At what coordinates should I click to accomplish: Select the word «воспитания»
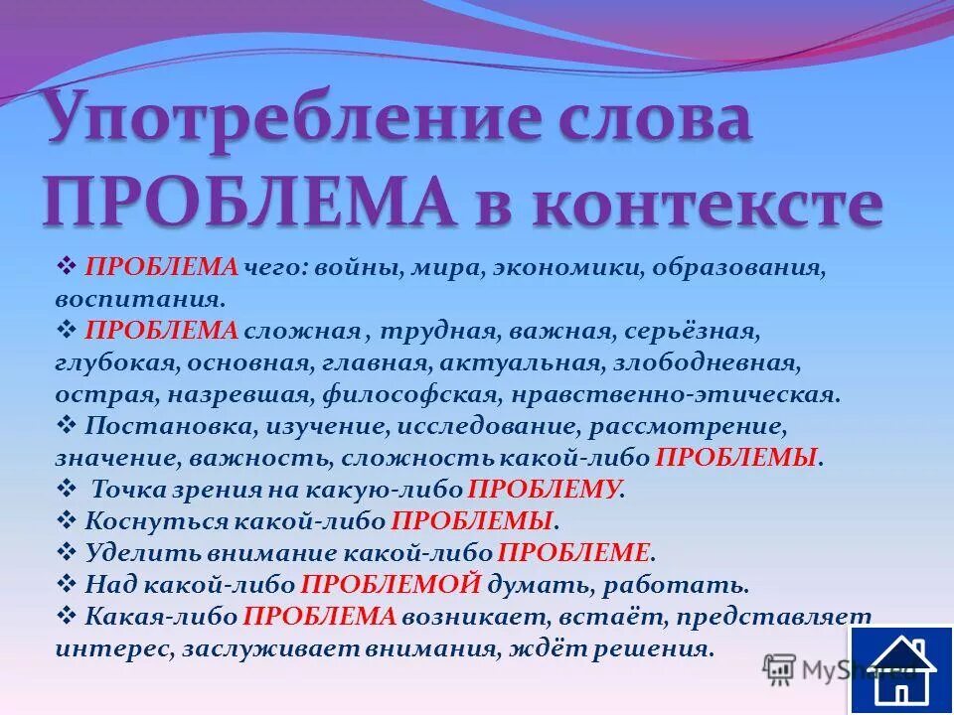140,298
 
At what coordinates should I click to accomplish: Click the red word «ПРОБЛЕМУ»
545,489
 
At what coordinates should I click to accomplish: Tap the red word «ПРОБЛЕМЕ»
574,552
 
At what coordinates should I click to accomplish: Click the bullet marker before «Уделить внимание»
69,551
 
